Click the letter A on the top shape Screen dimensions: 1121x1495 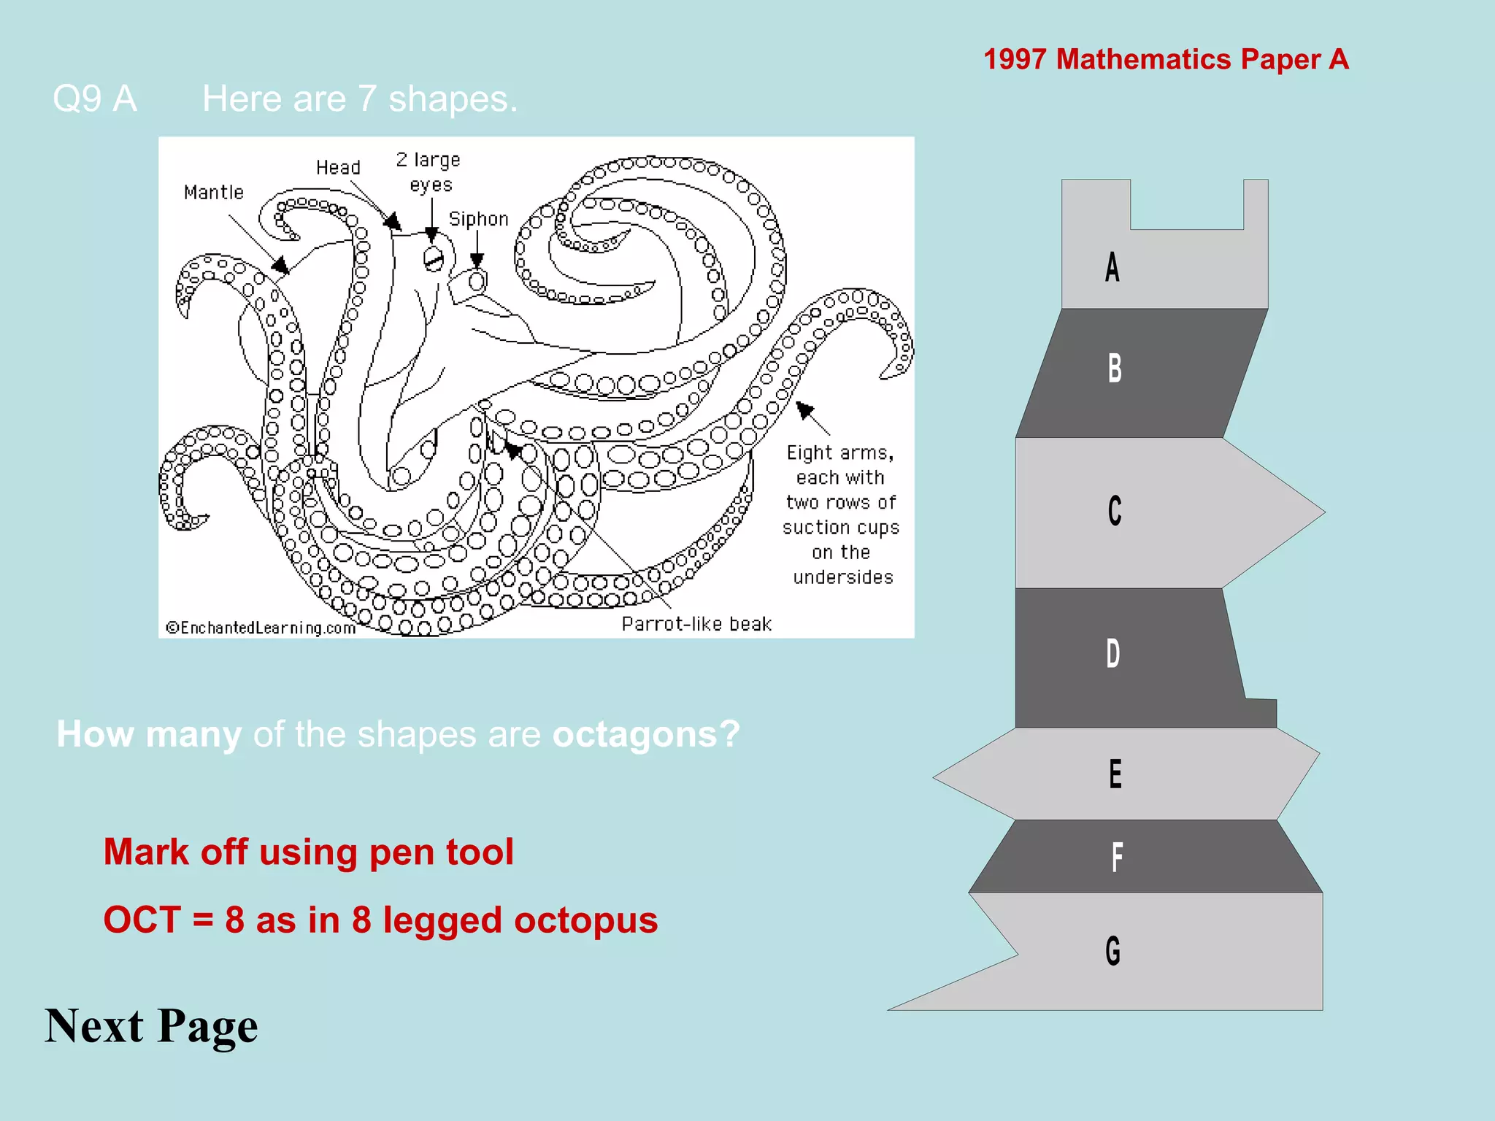[x=1112, y=267]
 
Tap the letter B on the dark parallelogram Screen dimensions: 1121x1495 [x=1115, y=369]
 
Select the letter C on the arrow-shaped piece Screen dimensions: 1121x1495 [x=1115, y=511]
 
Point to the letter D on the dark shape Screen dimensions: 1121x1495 [x=1113, y=653]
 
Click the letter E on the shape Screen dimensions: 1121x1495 [x=1115, y=774]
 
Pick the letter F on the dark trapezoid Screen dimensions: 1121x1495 [x=1117, y=858]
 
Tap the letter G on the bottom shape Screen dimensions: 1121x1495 [x=1113, y=951]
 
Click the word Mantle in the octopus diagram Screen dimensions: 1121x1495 [x=214, y=193]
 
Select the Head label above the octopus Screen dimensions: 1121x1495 [x=338, y=168]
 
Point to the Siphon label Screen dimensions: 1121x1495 [x=478, y=219]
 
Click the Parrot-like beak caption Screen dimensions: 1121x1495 [x=696, y=624]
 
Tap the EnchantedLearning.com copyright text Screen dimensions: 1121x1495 [x=261, y=628]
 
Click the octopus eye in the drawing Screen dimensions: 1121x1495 [x=434, y=258]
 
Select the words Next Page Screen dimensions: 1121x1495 [x=151, y=1026]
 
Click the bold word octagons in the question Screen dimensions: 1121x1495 [x=646, y=734]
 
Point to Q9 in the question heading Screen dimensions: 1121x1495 [x=77, y=99]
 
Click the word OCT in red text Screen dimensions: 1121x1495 [x=142, y=920]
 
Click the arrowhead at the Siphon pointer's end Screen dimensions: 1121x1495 [x=477, y=261]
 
